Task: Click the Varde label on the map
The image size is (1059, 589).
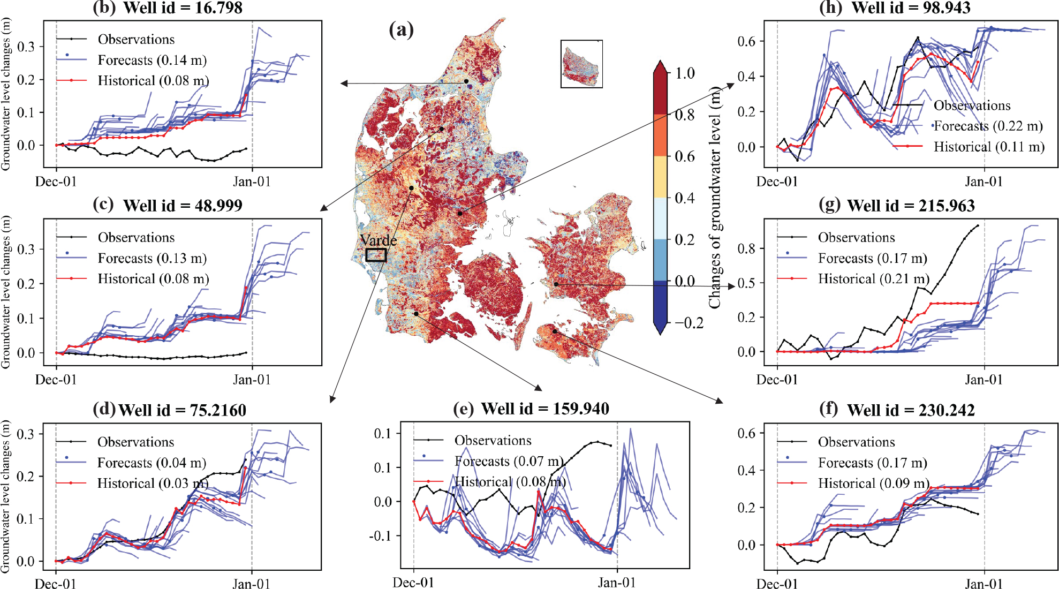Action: pos(378,240)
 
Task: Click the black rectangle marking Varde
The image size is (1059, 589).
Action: pos(376,255)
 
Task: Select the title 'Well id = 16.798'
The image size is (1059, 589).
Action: pos(183,8)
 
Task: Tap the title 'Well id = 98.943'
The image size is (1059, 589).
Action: pos(911,8)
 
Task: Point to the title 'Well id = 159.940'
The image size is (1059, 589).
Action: pos(545,409)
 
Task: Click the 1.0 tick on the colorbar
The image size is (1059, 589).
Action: pos(685,73)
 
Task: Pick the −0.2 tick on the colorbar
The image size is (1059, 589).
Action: pos(689,323)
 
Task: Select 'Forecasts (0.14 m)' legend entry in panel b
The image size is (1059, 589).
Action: pos(152,60)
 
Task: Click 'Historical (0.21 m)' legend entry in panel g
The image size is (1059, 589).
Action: pos(873,279)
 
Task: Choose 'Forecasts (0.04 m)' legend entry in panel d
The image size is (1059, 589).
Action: pos(152,463)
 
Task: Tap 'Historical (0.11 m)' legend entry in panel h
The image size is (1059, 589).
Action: pos(989,147)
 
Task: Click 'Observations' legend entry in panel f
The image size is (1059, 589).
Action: pos(856,442)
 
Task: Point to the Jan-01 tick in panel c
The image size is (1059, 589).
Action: pos(252,380)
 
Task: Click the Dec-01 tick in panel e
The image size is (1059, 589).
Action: pos(413,583)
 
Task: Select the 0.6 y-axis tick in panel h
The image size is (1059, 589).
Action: pos(746,41)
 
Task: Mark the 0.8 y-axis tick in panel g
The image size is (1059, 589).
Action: pos(746,248)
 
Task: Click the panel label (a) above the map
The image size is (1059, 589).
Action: pos(402,30)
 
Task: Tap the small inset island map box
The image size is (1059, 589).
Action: pos(581,64)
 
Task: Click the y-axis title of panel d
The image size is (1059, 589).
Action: pos(6,496)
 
